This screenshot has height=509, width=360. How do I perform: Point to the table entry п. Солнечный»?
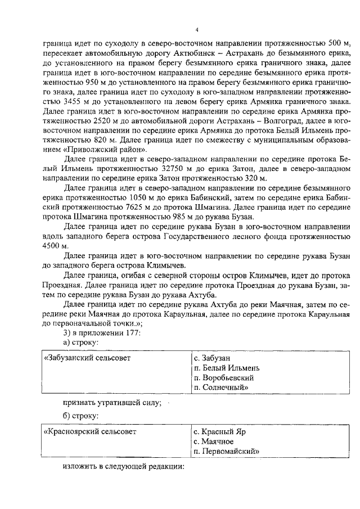coord(220,388)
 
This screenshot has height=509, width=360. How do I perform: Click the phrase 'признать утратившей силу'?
coord(112,402)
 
